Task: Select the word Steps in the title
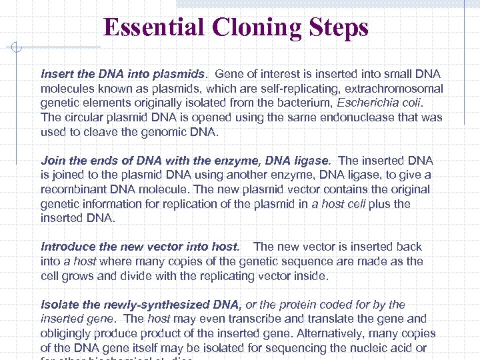pos(338,28)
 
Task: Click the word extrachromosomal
pos(391,89)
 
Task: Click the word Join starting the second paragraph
pos(53,161)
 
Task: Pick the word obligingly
pos(68,333)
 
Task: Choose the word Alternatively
pos(345,333)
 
